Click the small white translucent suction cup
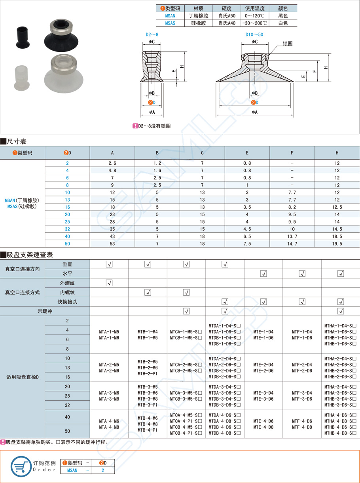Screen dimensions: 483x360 pos(19,77)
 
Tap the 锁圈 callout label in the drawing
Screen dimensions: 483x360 pos(288,44)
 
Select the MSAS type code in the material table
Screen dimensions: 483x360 pos(170,23)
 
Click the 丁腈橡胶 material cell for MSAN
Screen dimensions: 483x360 pos(198,16)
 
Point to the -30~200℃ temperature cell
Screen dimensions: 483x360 pos(256,23)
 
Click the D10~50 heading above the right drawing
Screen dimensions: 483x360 pos(254,34)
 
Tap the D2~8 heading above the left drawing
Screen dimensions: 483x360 pos(152,34)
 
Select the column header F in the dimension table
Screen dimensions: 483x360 pos(292,153)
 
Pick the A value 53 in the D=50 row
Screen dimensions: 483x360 pos(112,244)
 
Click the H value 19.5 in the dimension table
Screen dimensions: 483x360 pos(337,244)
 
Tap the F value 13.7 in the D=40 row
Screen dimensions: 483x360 pos(292,236)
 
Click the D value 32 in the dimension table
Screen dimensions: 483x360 pos(67,229)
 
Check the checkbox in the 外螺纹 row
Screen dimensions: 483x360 pos(109,283)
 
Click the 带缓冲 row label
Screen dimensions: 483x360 pos(45,311)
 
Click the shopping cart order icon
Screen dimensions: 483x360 pos(21,466)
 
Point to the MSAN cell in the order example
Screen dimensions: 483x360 pos(72,470)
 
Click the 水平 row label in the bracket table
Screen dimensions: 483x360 pos(67,274)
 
